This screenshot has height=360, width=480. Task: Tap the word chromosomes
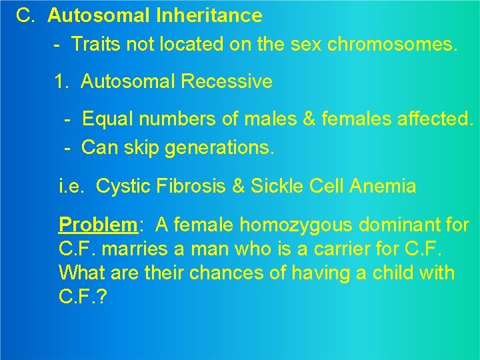tap(391, 45)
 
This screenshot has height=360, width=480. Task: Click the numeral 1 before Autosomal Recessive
tap(61, 82)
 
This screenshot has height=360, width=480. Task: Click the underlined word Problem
tap(97, 225)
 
